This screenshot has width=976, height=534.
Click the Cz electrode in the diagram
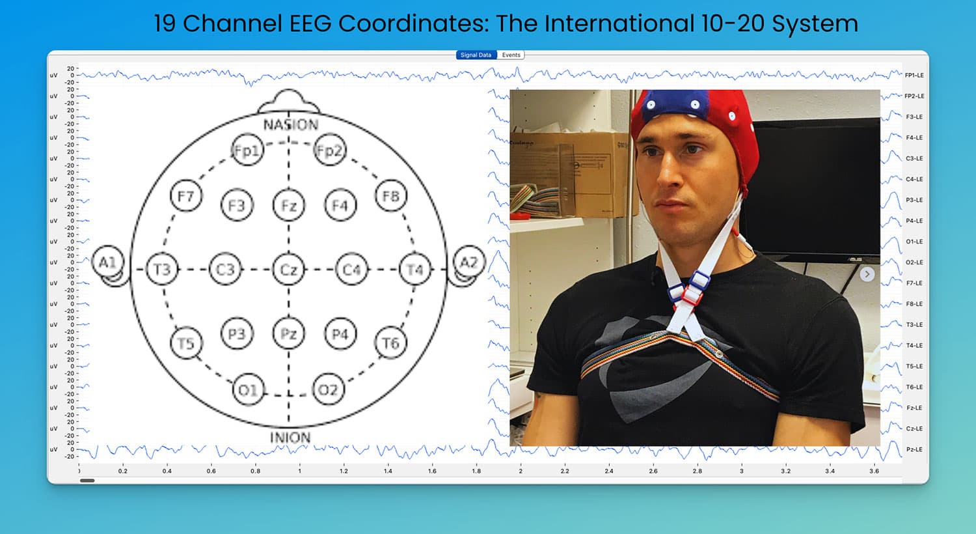[288, 270]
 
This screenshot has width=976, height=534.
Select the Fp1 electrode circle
[247, 151]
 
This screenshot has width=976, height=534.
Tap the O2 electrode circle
[328, 389]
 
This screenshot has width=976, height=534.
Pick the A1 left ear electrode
[107, 263]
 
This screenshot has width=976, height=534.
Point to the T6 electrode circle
[390, 343]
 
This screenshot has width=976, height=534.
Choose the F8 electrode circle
[390, 196]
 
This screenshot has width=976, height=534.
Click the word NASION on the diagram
[291, 124]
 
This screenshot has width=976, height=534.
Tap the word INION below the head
[290, 438]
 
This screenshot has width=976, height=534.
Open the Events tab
[511, 55]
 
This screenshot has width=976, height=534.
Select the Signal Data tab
[476, 55]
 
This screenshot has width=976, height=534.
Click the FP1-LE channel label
[914, 76]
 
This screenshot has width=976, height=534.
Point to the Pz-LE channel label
[914, 450]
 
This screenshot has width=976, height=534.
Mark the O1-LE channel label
[914, 242]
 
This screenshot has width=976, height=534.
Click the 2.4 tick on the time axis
[608, 471]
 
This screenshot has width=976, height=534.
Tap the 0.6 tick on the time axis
[211, 471]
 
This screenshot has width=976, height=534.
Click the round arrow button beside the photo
[867, 274]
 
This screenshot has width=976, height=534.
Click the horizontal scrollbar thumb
[87, 481]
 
